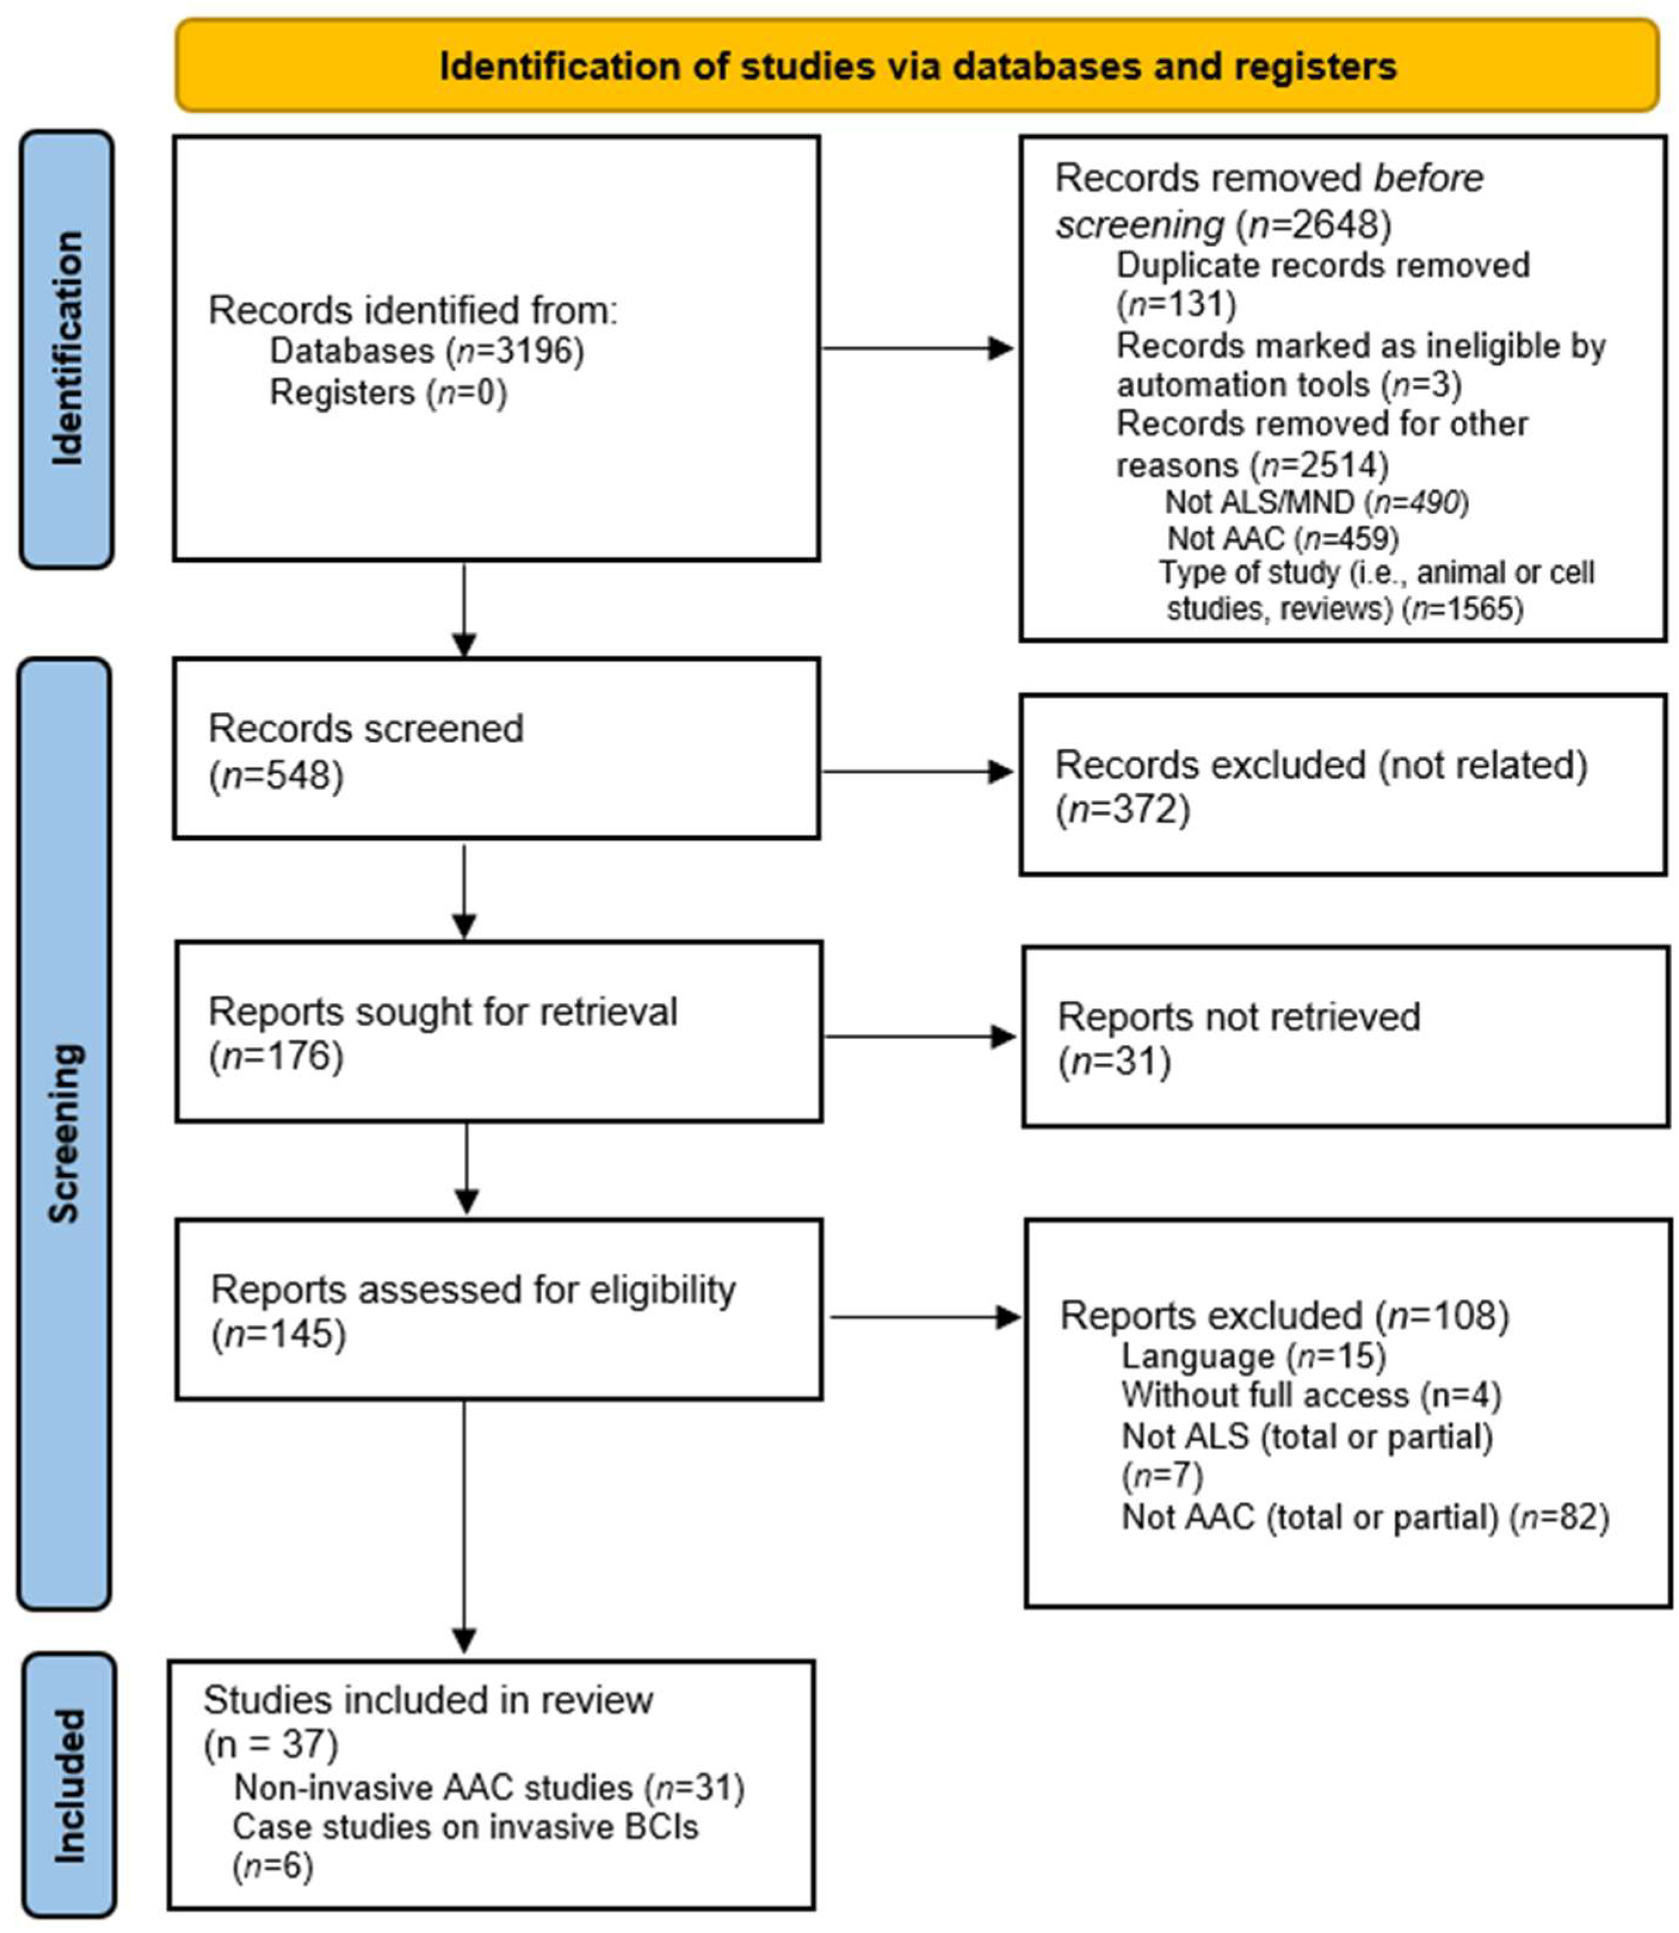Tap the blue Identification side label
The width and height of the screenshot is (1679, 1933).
(67, 348)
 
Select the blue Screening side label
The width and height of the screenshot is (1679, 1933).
(64, 1134)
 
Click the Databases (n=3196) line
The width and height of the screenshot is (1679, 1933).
(426, 351)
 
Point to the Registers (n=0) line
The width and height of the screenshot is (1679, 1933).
(388, 392)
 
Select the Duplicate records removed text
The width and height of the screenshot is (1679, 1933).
(1322, 266)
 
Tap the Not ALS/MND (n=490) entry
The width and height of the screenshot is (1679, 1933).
(1316, 503)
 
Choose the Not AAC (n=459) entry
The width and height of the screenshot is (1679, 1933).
(1282, 539)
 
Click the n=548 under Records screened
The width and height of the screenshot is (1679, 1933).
(276, 776)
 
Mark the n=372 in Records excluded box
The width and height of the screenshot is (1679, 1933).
(1123, 809)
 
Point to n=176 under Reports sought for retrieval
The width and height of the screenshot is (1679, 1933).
(276, 1057)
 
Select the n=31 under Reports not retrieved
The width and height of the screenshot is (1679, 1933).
(1114, 1063)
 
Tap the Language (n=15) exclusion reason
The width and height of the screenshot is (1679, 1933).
(1253, 1356)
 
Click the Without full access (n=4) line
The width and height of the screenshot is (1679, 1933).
(1311, 1395)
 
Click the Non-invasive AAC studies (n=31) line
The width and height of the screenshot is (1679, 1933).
(488, 1787)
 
